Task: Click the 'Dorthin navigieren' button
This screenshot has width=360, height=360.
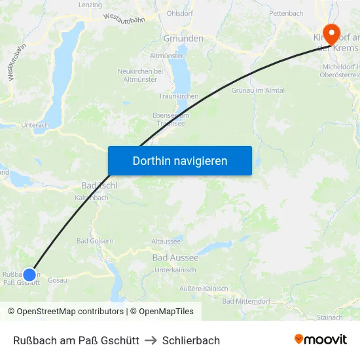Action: [180, 160]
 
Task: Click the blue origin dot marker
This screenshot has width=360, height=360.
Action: [29, 275]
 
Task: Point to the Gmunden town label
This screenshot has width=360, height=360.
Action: [183, 39]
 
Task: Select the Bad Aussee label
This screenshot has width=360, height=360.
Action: [175, 258]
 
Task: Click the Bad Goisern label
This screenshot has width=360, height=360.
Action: [95, 241]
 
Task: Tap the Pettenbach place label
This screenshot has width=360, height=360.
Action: [286, 13]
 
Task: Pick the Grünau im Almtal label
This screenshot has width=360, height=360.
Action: [258, 90]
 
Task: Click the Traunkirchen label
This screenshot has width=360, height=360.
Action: [179, 96]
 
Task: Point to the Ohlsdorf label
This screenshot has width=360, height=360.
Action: [179, 13]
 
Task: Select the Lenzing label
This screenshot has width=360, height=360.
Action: [90, 5]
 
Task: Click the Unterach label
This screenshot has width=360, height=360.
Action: [35, 125]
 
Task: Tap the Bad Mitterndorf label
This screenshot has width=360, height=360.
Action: [247, 301]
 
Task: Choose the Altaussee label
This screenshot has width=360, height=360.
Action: [166, 242]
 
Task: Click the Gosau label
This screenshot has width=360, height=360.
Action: [58, 279]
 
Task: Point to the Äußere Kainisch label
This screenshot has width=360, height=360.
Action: [204, 289]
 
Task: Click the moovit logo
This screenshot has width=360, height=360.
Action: [321, 340]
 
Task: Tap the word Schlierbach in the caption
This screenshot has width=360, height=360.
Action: [191, 340]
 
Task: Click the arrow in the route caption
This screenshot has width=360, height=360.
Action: [151, 340]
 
